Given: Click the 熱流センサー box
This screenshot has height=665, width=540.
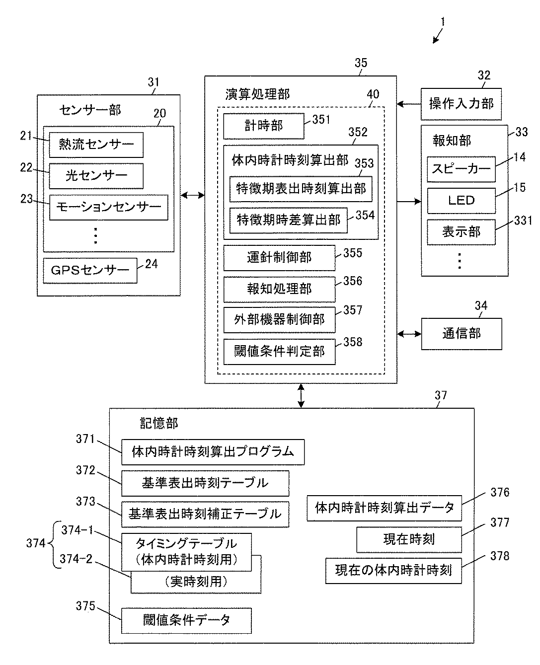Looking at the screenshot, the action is pos(96,145).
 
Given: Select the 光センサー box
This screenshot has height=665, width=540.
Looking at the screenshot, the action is pos(96,176).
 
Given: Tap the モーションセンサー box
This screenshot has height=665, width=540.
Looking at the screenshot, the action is pos(109,207).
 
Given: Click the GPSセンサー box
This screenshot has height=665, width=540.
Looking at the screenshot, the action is pos(90,270).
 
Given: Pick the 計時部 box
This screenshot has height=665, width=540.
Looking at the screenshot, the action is pos(264,126).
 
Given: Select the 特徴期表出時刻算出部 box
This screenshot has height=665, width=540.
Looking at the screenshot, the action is pos(301,189).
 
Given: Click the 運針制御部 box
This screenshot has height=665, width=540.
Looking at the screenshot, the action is pos(279,258).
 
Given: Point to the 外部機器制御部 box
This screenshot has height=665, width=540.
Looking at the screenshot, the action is pos(279,320).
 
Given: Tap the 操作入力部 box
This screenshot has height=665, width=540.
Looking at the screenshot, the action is pos(461,104).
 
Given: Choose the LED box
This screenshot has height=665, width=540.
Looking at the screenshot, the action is pos(462,201).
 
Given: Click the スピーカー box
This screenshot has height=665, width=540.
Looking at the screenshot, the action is pos(462,169).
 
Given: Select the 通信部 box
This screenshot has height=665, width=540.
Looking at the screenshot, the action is pos(462,334).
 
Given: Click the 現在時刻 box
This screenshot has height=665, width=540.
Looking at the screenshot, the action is pos(409,539).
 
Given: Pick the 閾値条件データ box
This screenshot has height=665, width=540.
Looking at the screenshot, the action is pos(186,620).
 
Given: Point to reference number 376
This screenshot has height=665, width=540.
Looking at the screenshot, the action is pos(500,492).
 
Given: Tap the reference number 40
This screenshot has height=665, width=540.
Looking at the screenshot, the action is pos(373,94).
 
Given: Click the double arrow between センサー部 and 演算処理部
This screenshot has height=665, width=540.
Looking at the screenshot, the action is pos(193,195).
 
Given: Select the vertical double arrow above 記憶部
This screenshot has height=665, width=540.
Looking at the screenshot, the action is pos(301,395).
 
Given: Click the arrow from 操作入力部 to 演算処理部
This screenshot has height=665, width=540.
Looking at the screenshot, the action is pos(409,104).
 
